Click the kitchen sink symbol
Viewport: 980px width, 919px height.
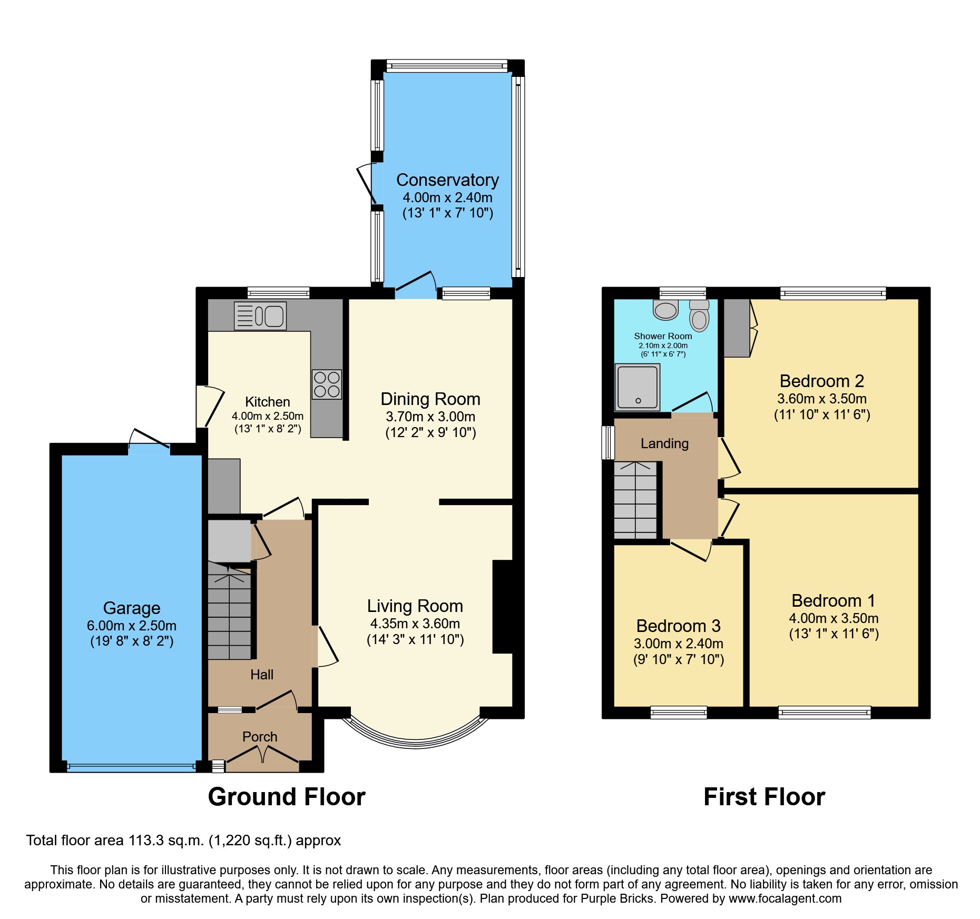(260, 315)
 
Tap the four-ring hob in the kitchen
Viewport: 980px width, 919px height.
(327, 384)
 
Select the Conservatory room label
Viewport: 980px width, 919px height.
(447, 180)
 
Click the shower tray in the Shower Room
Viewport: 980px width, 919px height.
(638, 388)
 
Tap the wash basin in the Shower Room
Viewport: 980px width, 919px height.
(665, 310)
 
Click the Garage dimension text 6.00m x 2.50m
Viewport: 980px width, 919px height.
(132, 626)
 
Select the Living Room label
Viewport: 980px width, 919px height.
(415, 606)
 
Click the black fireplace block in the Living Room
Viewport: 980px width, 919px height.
(503, 607)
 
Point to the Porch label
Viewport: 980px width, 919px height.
(260, 737)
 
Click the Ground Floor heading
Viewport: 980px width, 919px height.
(287, 797)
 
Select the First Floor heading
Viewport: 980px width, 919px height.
(764, 797)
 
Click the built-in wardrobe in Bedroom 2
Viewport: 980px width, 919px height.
(736, 328)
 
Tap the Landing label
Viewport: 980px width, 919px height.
(664, 443)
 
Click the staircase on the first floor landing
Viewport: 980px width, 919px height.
(635, 500)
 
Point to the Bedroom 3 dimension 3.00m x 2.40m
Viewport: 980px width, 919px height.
(679, 644)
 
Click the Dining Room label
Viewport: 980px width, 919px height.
(430, 399)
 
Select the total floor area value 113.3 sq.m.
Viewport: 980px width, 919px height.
(166, 841)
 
